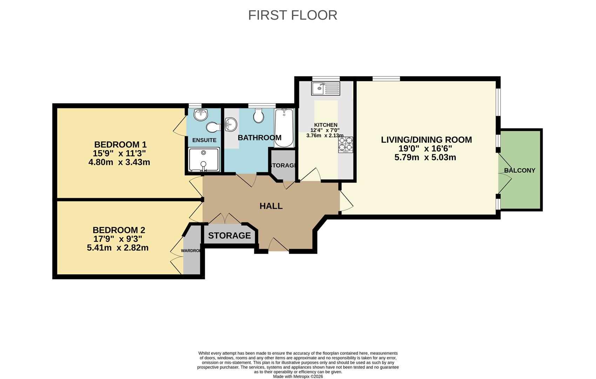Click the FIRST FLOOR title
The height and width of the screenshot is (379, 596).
click(x=292, y=15)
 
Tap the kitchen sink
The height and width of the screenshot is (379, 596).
click(x=326, y=88)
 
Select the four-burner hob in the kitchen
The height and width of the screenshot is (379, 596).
click(x=345, y=145)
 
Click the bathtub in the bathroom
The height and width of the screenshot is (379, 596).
click(x=284, y=128)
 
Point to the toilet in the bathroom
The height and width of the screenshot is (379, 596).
click(x=259, y=115)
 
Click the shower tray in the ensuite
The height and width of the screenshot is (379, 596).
click(x=204, y=160)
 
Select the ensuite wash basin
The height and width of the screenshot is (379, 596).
click(x=201, y=114)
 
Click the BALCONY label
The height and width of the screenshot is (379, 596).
click(x=520, y=171)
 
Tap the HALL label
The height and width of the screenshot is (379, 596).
click(x=271, y=206)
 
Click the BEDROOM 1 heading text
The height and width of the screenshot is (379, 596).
click(x=120, y=145)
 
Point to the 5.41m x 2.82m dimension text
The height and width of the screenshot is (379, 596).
click(x=118, y=248)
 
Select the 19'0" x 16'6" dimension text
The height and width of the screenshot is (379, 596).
click(x=425, y=148)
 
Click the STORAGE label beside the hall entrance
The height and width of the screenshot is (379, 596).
click(x=229, y=235)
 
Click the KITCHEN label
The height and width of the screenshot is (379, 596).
click(x=326, y=125)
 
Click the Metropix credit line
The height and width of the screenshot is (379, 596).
click(x=298, y=377)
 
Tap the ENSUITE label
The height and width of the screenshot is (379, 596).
click(x=204, y=140)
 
